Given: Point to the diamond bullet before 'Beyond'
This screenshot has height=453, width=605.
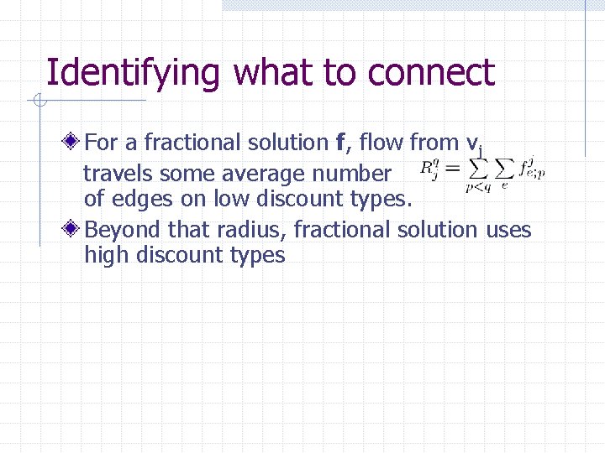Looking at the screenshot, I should (75, 229).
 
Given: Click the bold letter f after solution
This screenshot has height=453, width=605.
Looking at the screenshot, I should (339, 143).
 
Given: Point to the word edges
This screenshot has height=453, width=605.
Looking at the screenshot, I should (139, 200).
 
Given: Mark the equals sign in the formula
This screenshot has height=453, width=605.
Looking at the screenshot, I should (451, 169).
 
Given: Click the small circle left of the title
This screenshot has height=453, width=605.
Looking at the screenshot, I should (38, 102).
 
